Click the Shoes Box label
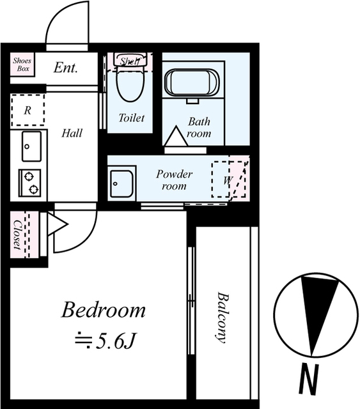22,65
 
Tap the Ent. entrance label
66,68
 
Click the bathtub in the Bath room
192,83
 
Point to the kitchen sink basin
31,146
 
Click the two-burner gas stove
30,183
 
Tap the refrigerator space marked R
27,111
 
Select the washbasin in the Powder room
121,183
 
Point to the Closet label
17,235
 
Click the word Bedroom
104,310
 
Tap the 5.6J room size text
106,341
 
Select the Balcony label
223,318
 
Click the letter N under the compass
309,379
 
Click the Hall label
72,134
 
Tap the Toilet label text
131,118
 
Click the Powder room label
175,180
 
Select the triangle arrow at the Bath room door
176,135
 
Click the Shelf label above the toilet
130,61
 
